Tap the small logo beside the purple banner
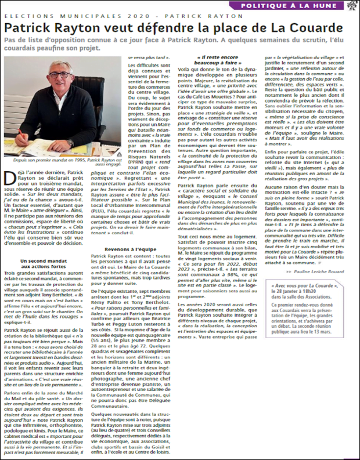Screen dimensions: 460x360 point(352,5)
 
